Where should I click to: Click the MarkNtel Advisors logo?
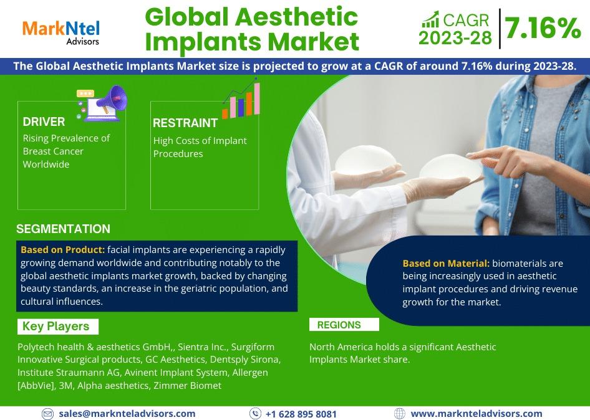[61, 33]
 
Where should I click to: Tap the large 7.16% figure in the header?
[543, 28]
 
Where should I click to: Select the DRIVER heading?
[44, 122]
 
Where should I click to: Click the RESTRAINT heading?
[185, 123]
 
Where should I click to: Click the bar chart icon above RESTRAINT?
[241, 99]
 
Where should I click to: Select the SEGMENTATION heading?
[63, 229]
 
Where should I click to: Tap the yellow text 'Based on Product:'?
[62, 250]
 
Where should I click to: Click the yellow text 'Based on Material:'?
[446, 263]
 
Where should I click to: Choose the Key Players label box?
[58, 327]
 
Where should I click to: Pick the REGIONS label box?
[344, 325]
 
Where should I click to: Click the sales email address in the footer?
[127, 414]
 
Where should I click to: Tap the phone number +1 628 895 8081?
[301, 414]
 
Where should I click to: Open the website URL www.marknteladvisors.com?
[476, 414]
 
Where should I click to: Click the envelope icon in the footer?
[47, 414]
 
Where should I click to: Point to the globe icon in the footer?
[400, 414]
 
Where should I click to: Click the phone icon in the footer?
[255, 414]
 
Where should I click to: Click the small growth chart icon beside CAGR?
[430, 19]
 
